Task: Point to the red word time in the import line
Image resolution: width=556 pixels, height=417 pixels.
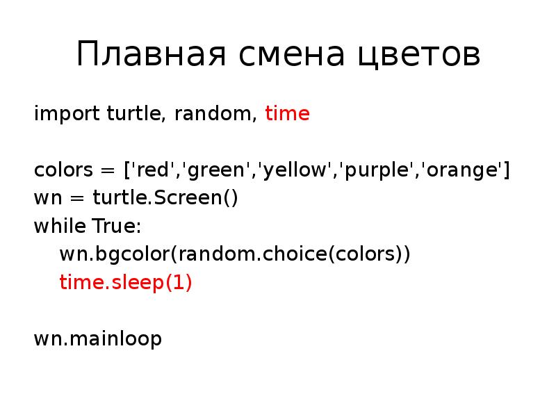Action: point(287,113)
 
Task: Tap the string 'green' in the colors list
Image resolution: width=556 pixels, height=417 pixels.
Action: point(212,170)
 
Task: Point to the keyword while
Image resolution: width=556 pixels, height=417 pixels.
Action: point(59,227)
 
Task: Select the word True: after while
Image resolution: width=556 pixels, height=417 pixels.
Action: point(115,227)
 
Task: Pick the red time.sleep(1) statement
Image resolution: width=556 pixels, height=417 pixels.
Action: point(125,283)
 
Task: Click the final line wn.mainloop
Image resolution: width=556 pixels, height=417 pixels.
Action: point(97,339)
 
